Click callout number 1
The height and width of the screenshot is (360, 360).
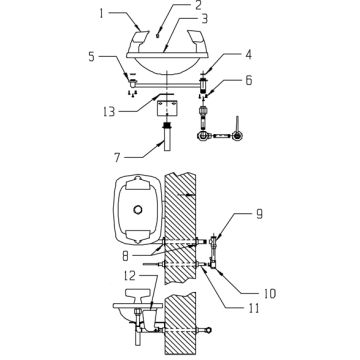(102, 13)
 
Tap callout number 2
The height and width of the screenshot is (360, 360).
(198, 6)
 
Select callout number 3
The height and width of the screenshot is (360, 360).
(204, 19)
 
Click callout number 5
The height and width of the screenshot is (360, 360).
(91, 57)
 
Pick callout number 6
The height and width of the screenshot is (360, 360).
(249, 81)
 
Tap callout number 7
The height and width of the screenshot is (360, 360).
(117, 158)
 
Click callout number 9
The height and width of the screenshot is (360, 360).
(259, 214)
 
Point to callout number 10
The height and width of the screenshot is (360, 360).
(269, 294)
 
